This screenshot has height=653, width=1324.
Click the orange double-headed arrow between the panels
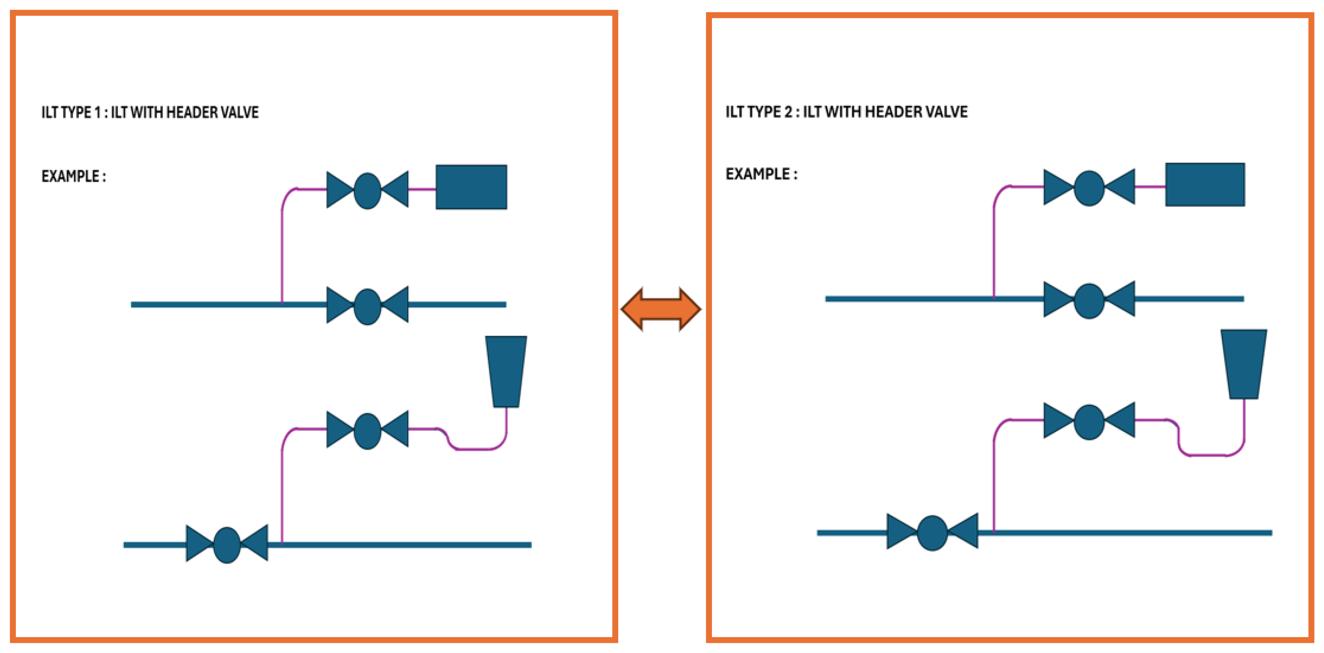point(661,309)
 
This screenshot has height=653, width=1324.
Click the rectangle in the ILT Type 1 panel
point(471,187)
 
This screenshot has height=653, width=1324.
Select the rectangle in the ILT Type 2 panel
point(1205,184)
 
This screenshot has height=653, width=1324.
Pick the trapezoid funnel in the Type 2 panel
point(1244,364)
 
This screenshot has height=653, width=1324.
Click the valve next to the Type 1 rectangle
point(368,190)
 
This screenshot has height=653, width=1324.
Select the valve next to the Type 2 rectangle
point(1089,187)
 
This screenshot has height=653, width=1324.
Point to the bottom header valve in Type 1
point(227,544)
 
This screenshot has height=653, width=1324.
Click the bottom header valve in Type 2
point(932,533)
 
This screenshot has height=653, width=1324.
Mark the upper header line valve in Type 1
point(368,306)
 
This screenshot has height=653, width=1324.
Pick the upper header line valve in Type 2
point(1089,300)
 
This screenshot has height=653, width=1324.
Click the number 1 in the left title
point(98,112)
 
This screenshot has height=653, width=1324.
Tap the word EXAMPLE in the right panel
point(758,174)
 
